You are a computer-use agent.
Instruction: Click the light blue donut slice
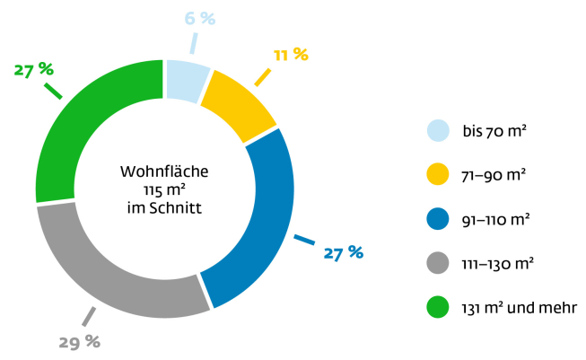[x=186, y=77]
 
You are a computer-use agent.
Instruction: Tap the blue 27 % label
[x=344, y=252]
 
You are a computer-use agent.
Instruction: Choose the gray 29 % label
[x=80, y=341]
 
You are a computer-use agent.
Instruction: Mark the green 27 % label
[x=34, y=69]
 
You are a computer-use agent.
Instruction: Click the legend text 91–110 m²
[x=496, y=219]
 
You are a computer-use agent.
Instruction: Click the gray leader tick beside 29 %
[x=89, y=316]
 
